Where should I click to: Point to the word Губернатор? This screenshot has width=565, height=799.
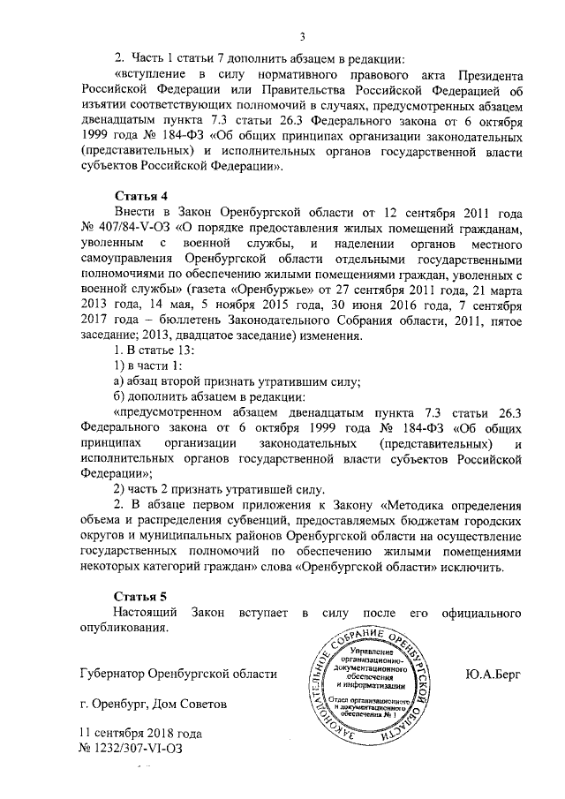111,675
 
